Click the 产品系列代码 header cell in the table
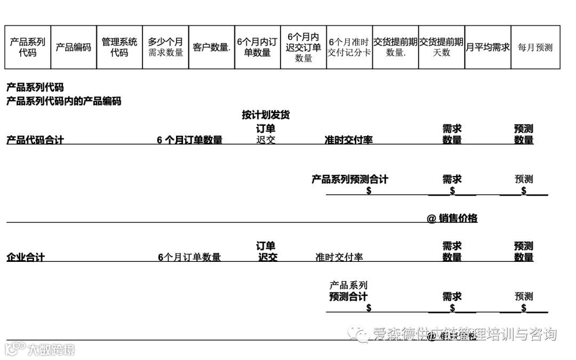tap(28, 47)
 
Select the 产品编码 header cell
tap(74, 47)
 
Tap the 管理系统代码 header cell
tap(119, 47)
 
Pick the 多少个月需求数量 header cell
tap(165, 47)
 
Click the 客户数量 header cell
tap(212, 47)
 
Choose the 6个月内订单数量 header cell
tap(258, 47)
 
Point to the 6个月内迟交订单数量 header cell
tap(303, 47)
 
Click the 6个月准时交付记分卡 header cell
tap(349, 47)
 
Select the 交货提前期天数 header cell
tap(442, 47)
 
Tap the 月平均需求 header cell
tap(487, 47)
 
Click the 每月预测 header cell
tap(535, 47)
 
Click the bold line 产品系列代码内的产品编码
tap(63, 101)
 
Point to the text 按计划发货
tap(266, 115)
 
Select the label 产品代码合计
tap(35, 140)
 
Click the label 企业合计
tap(26, 257)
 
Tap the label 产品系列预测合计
tap(350, 179)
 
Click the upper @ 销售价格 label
tap(452, 218)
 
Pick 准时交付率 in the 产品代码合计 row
tap(349, 140)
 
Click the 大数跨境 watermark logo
tap(40, 349)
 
